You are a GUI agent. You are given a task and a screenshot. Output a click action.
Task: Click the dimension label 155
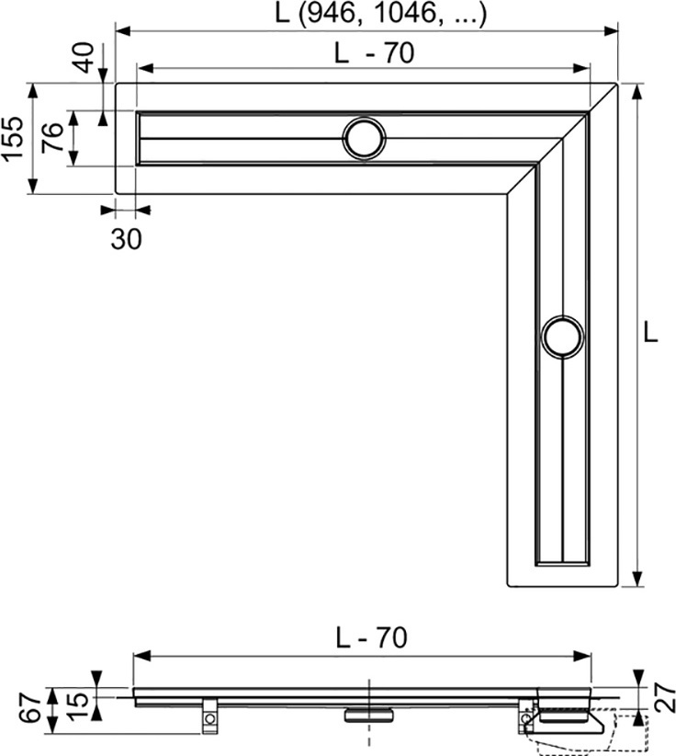click(12, 138)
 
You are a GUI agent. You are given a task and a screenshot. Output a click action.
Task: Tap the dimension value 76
click(52, 137)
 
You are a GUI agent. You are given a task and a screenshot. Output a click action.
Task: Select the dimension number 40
click(84, 57)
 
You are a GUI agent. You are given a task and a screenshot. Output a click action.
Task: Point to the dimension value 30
click(126, 238)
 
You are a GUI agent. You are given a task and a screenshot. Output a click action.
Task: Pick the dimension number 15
click(78, 705)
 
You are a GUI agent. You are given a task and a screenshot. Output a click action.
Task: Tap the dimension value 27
click(664, 696)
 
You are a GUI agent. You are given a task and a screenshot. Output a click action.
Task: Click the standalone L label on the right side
click(650, 332)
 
